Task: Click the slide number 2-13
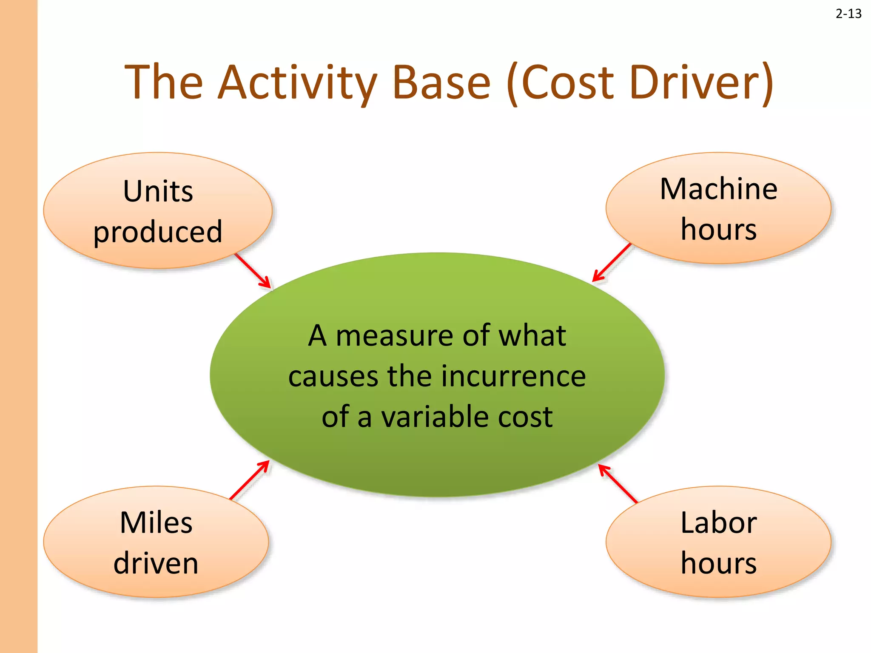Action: coord(848,14)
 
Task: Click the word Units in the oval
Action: coord(158,191)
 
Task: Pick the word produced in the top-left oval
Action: coord(158,232)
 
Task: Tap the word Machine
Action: coord(718,189)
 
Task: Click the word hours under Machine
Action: coord(718,230)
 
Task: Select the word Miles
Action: coord(156,522)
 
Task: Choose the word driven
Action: coord(156,563)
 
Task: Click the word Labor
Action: coord(718,522)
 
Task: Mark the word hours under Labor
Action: coord(718,563)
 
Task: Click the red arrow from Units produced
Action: coord(253,271)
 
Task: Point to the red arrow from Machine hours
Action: coord(612,263)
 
